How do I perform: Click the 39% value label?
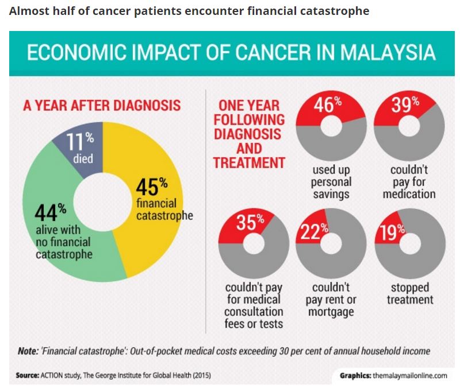406,106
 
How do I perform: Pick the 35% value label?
250,222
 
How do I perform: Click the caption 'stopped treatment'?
409,293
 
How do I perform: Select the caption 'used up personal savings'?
331,183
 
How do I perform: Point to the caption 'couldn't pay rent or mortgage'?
331,300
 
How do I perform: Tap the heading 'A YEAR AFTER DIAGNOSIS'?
102,106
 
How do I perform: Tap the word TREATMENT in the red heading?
249,162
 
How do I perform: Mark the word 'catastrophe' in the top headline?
335,11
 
